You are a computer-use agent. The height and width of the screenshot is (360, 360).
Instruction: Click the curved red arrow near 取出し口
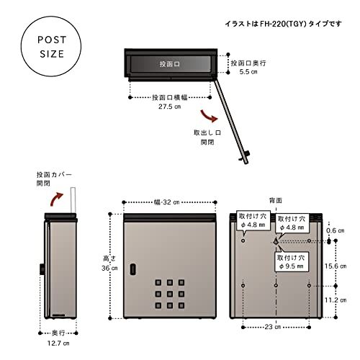point(209,115)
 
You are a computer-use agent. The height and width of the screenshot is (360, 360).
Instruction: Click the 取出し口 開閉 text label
point(207,138)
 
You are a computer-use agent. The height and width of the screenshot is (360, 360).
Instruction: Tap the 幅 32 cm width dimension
point(168,202)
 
